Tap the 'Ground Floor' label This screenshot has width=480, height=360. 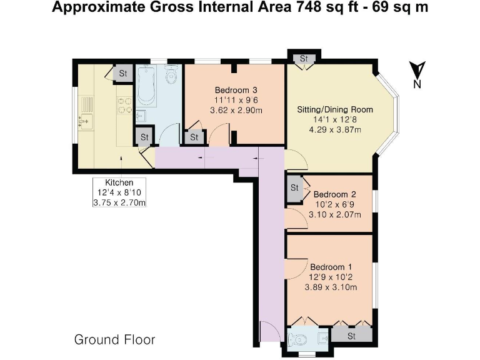[x=114, y=340]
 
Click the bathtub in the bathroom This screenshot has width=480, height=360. [x=146, y=86]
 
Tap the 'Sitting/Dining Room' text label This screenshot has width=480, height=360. [x=334, y=109]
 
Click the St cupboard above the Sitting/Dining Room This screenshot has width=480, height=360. [x=304, y=59]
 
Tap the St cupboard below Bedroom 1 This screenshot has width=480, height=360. [x=351, y=336]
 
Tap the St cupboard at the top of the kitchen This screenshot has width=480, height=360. [x=122, y=73]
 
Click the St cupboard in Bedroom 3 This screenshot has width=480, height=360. [x=194, y=137]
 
